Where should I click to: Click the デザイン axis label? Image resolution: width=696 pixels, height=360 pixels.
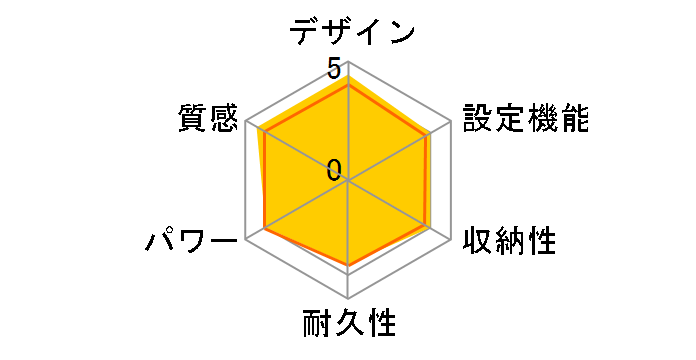pyautogui.click(x=352, y=31)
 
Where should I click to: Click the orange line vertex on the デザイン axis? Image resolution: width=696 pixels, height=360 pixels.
pyautogui.click(x=348, y=86)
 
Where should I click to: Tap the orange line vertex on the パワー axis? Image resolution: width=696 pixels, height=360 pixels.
pyautogui.click(x=266, y=228)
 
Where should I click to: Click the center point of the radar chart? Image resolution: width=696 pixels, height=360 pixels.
pyautogui.click(x=348, y=181)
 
